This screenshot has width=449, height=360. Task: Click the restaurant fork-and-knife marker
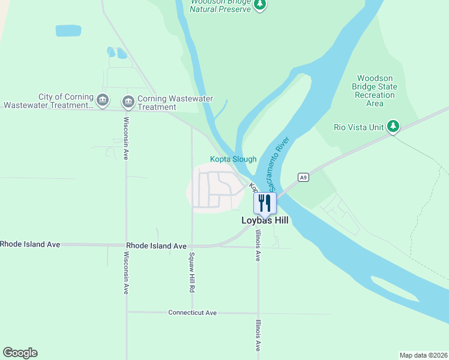coord(264,202)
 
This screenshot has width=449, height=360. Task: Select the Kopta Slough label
coord(233,159)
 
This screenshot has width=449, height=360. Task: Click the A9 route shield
coord(304,177)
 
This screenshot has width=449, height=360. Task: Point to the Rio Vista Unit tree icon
coord(393,127)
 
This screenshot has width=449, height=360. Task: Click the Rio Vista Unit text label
coord(358,127)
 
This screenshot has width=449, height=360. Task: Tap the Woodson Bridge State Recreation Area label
coord(375,91)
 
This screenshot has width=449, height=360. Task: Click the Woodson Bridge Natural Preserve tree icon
coord(260,5)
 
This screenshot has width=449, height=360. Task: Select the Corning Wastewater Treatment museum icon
coord(128,102)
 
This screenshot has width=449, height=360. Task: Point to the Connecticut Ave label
coord(192,313)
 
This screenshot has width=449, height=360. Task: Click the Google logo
coord(20,353)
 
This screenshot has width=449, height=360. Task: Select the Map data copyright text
coord(423,355)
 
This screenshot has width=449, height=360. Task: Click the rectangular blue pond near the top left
coord(68,31)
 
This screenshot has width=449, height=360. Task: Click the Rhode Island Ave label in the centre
coord(156,246)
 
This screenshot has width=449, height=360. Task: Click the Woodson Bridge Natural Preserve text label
coord(220,5)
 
